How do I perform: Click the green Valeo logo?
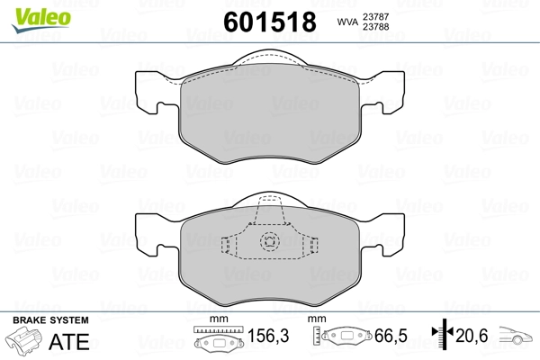(41, 20)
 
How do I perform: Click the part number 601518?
(270, 22)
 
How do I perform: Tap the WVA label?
(347, 22)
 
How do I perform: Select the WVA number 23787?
(375, 16)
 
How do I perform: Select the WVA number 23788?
(375, 26)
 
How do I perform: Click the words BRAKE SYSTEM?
(50, 320)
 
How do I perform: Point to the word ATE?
(69, 341)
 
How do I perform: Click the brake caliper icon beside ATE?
(23, 339)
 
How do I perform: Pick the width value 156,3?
(268, 336)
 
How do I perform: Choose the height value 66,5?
(391, 336)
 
